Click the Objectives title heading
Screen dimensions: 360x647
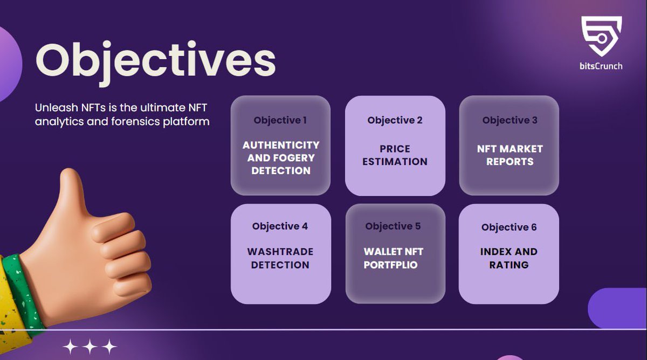point(155,60)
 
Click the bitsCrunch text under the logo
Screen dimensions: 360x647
point(601,66)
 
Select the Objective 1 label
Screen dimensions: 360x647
point(280,120)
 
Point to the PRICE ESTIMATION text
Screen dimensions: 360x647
point(395,155)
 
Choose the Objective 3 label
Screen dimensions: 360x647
point(510,120)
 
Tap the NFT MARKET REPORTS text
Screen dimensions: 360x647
point(510,155)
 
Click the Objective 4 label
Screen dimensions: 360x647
point(280,226)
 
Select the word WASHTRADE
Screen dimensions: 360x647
point(280,252)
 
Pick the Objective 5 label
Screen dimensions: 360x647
point(393,226)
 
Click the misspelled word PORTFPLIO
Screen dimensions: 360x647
point(390,265)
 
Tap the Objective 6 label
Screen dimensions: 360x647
point(509,227)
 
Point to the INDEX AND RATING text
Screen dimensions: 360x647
point(509,258)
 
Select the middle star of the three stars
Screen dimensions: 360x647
point(90,347)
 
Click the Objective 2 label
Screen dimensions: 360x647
point(395,120)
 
